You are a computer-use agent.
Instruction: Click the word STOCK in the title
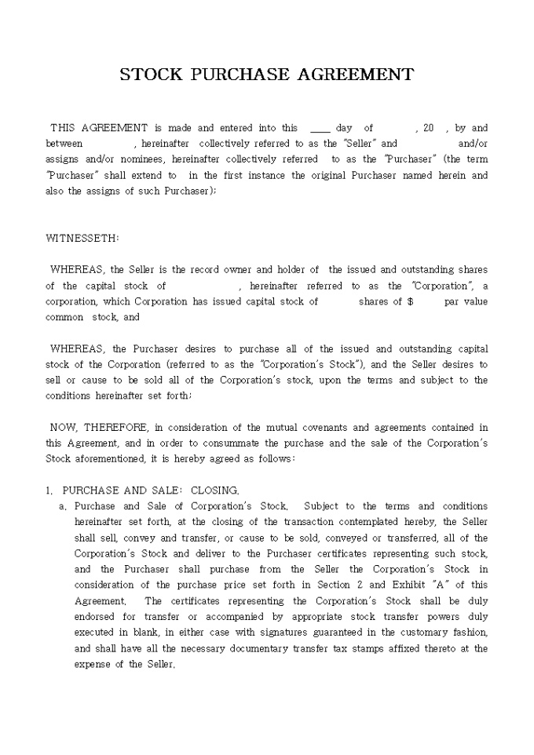coord(151,75)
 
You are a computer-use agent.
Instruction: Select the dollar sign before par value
coord(411,301)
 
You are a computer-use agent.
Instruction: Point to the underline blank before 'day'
coord(320,128)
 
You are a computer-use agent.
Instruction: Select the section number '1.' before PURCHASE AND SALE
coord(49,491)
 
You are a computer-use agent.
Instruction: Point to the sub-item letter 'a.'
coord(63,506)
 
